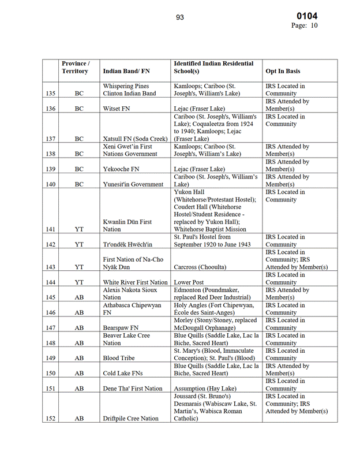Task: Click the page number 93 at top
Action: (x=180, y=17)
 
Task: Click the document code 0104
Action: (x=307, y=16)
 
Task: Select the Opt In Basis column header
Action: (x=283, y=71)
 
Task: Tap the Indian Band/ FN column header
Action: (x=126, y=71)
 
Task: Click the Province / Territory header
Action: (x=75, y=67)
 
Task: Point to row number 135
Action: (x=51, y=94)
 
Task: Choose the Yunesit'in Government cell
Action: (x=133, y=184)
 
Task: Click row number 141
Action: (x=51, y=229)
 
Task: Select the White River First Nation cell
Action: (x=135, y=282)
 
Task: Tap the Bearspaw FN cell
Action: (x=121, y=327)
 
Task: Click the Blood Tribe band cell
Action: (x=119, y=358)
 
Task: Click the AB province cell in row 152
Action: (x=79, y=419)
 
